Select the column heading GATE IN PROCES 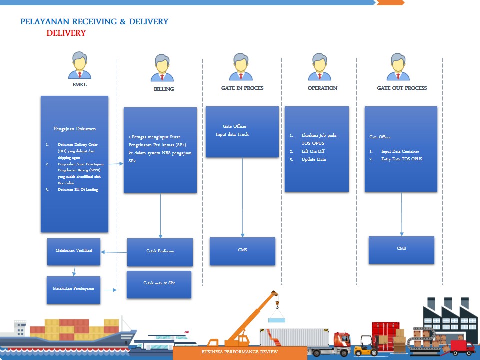pos(242,88)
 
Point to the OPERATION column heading pos(322,88)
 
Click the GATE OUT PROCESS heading pos(402,88)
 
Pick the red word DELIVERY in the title pos(66,33)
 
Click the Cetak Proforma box pos(160,251)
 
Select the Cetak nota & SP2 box pos(159,284)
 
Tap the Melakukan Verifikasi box pos(74,251)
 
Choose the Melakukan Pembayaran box pos(73,289)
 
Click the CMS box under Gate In pos(242,250)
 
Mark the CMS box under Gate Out pos(401,249)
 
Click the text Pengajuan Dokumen pos(74,129)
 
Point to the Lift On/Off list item pos(313,151)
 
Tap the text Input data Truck pos(232,135)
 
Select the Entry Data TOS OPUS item pos(401,159)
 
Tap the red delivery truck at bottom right pos(462,346)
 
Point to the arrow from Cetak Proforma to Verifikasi pos(114,252)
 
